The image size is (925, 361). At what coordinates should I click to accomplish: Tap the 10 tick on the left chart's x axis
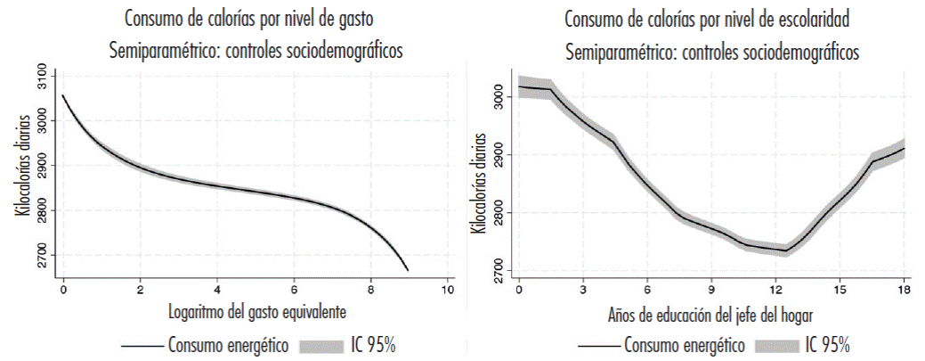tap(447, 291)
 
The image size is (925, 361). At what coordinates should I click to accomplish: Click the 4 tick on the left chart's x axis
tap(217, 291)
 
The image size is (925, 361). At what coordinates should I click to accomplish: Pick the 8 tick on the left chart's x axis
tap(370, 291)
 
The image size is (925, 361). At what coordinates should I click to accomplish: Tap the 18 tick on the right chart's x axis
tap(904, 291)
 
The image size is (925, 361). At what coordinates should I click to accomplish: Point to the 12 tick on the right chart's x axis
tap(775, 291)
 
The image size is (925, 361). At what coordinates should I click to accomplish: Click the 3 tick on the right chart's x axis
tap(582, 291)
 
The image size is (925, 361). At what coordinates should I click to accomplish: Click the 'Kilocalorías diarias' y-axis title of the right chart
tap(481, 183)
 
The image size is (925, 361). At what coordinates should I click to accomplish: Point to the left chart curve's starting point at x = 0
tap(63, 94)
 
